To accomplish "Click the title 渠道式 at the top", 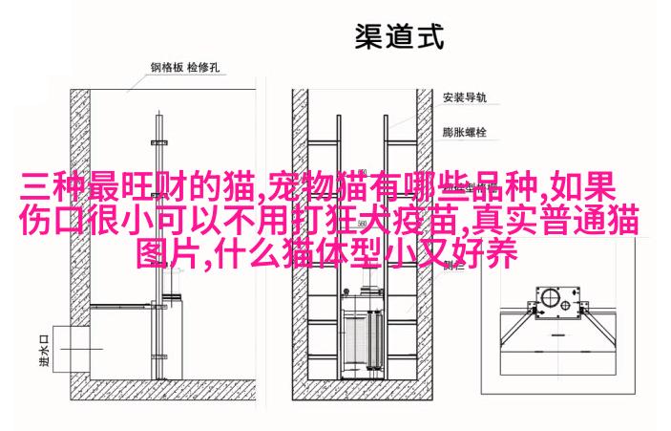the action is coord(399,37).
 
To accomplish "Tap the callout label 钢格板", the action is coord(167,67).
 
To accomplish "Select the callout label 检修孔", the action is coord(203,67).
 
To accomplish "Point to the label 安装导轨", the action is coord(465,97).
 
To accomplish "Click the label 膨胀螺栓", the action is coord(465,132).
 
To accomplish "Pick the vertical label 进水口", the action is coord(44,351).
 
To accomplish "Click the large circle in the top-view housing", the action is coord(548,297).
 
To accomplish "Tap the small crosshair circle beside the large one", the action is coord(565,306).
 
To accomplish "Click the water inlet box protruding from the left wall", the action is coord(71,349).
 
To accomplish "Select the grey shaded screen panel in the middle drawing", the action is coord(355,340).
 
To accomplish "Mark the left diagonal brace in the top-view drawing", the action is coord(514,328).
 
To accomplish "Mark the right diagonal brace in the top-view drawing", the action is coord(601,328).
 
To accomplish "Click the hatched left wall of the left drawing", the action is coord(80,245).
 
